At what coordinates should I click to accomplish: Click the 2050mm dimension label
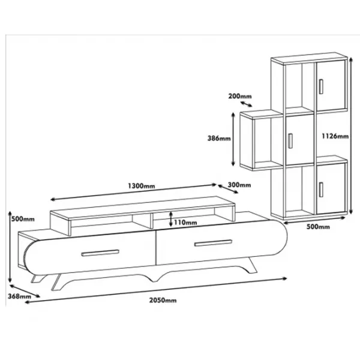[163, 300]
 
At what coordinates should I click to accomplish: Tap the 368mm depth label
[19, 296]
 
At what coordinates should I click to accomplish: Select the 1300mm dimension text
[141, 185]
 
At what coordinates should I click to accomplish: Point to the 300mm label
[239, 185]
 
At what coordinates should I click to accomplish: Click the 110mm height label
[185, 222]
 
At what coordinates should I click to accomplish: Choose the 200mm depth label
[239, 96]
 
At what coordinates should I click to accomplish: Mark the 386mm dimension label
[219, 138]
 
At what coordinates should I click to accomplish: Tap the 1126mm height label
[335, 136]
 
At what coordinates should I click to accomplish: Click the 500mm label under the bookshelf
[318, 227]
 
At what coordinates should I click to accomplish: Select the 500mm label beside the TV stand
[23, 219]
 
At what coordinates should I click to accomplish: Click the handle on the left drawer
[100, 253]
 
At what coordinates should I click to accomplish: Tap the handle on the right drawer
[213, 243]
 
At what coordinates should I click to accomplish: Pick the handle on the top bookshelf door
[321, 86]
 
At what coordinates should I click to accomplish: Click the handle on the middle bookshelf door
[290, 141]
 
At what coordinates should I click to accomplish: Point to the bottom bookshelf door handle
[321, 190]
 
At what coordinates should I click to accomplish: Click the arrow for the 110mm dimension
[170, 219]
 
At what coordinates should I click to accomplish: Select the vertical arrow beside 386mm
[233, 139]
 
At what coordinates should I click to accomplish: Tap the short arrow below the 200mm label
[246, 104]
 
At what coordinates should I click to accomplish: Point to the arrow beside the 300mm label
[228, 189]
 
